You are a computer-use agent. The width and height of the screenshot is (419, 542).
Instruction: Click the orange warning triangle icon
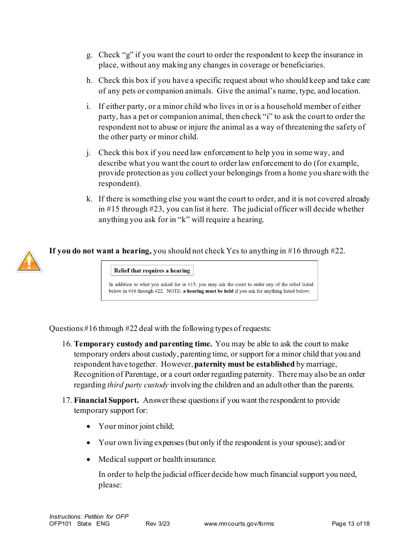coord(29,261)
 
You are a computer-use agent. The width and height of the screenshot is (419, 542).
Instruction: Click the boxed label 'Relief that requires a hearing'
coord(152,271)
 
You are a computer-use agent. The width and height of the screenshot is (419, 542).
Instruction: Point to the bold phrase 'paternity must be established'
coord(244,364)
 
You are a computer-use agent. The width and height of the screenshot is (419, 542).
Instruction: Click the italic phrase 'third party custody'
coord(138,385)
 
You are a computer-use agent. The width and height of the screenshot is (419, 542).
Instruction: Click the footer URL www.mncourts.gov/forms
coord(239,523)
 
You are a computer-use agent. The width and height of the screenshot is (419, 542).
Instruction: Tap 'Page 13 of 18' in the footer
coord(350,523)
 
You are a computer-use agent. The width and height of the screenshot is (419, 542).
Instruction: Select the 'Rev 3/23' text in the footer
coord(157,523)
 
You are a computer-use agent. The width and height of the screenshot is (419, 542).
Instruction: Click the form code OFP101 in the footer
coord(60,523)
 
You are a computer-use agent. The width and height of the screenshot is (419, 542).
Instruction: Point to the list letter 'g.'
coord(89,55)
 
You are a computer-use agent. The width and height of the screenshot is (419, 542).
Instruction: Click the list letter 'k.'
coord(89,199)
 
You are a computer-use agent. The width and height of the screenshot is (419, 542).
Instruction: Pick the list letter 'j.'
coord(89,153)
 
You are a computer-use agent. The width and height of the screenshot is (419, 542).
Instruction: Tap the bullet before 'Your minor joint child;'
coord(89,427)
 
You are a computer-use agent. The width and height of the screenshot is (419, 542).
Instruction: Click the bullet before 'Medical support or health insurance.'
coord(89,460)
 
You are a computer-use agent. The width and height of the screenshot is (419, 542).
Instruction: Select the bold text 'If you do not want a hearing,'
coord(100,251)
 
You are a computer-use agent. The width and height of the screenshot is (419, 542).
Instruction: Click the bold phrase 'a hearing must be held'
coord(208,291)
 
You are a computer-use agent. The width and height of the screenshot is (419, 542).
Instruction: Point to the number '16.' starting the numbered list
coord(67,344)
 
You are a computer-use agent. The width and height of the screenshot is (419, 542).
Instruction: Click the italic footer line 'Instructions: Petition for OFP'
coord(89,516)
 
